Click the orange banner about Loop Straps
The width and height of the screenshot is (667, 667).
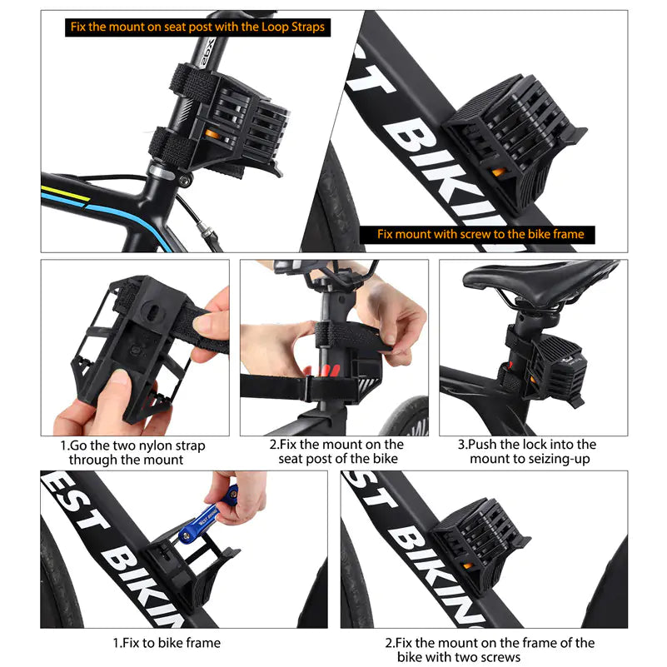click(197, 27)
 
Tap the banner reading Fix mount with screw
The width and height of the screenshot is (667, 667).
click(480, 234)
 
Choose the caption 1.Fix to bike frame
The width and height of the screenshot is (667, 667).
click(167, 643)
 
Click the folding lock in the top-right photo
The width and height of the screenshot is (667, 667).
click(508, 142)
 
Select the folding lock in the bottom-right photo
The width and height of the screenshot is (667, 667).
click(479, 545)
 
